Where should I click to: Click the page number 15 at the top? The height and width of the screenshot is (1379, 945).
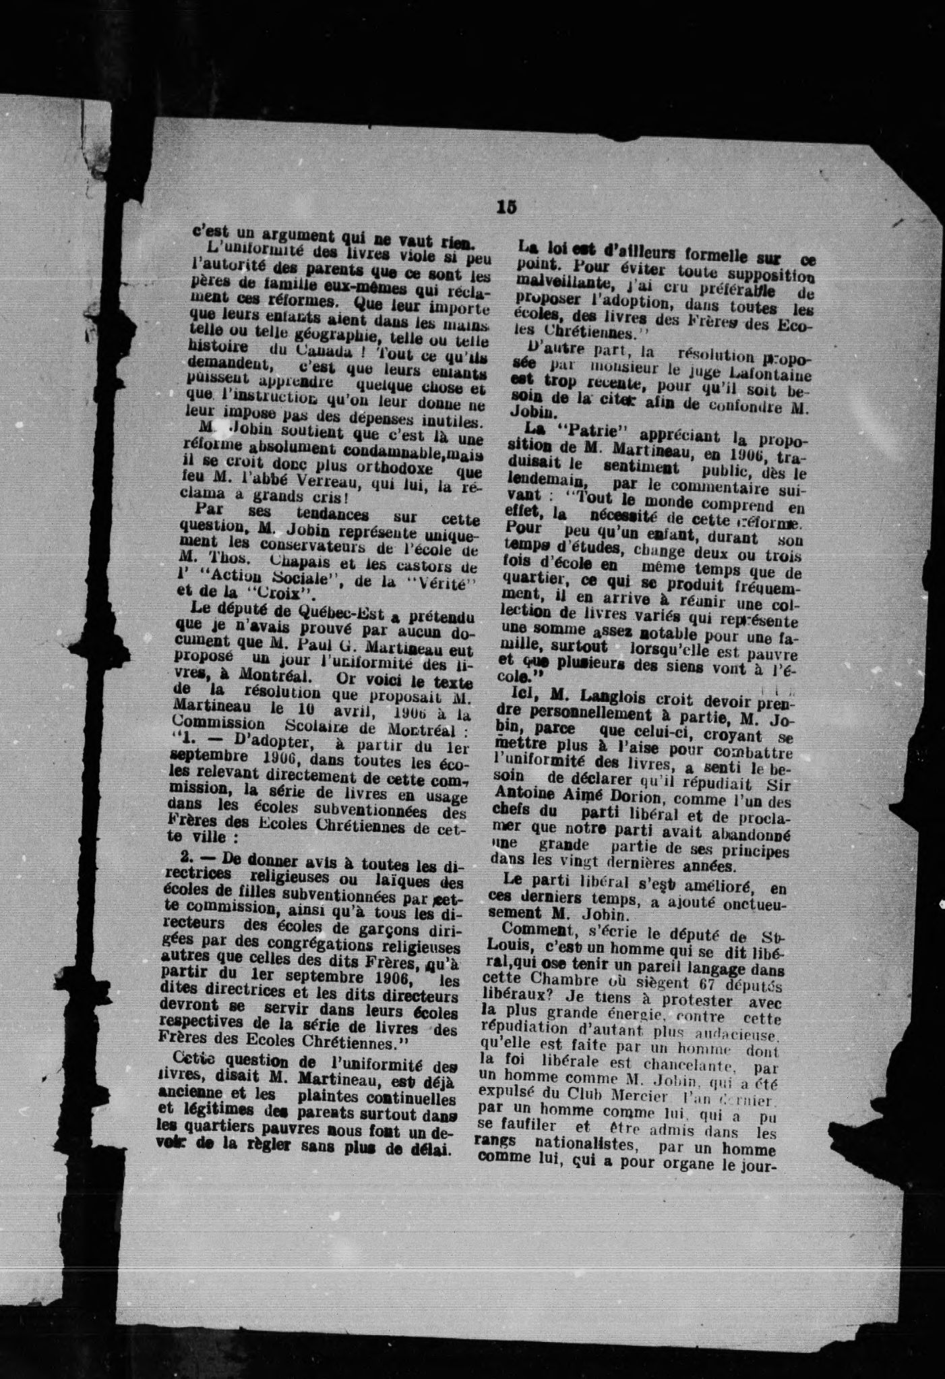point(506,207)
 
